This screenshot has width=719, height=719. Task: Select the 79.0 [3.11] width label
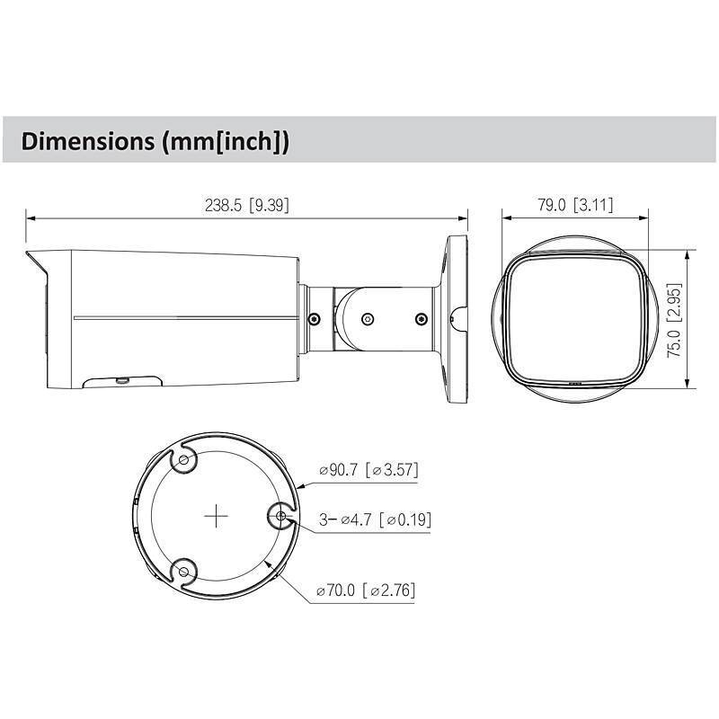coord(575,205)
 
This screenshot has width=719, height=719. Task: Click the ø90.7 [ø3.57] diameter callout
coord(368,469)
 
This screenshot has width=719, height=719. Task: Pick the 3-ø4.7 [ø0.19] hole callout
coord(368,519)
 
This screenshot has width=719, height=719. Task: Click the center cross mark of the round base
coord(215,516)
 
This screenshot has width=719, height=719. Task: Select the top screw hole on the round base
coord(184,461)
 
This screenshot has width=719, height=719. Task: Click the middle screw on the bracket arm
coord(368,317)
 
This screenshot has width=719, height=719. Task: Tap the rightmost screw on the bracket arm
coord(420,317)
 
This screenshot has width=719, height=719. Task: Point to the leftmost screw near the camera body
coord(313,318)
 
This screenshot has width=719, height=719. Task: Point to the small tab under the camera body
coord(121,382)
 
